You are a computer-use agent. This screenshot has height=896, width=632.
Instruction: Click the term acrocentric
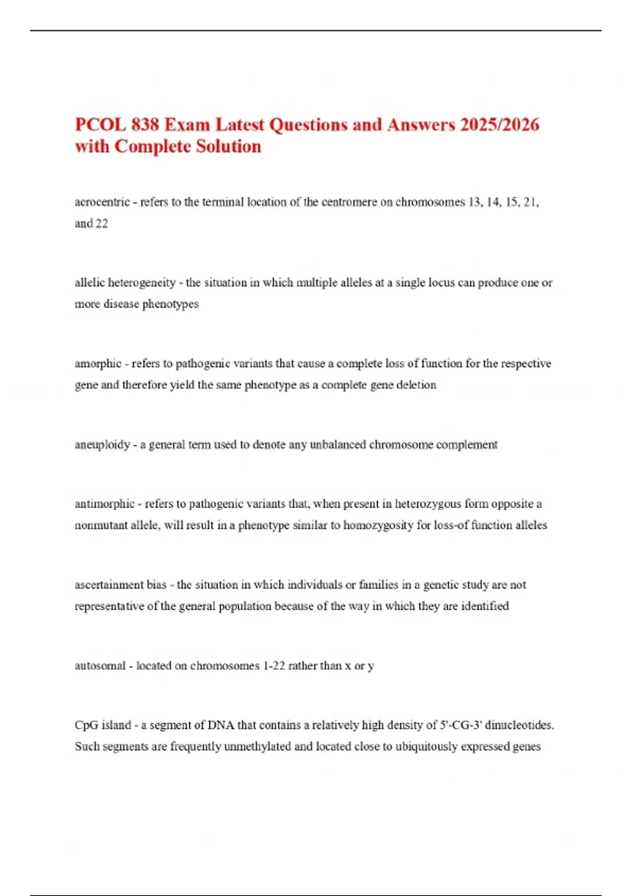tap(102, 202)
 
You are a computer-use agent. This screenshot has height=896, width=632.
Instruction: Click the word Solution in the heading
tap(228, 147)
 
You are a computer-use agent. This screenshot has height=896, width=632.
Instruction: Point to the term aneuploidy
tap(102, 445)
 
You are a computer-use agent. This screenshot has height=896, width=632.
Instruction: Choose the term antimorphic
tap(105, 504)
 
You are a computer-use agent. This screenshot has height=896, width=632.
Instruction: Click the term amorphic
tap(98, 364)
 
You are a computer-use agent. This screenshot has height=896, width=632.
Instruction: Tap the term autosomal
tap(100, 666)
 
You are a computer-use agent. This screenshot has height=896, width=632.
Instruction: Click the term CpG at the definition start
tap(86, 725)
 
